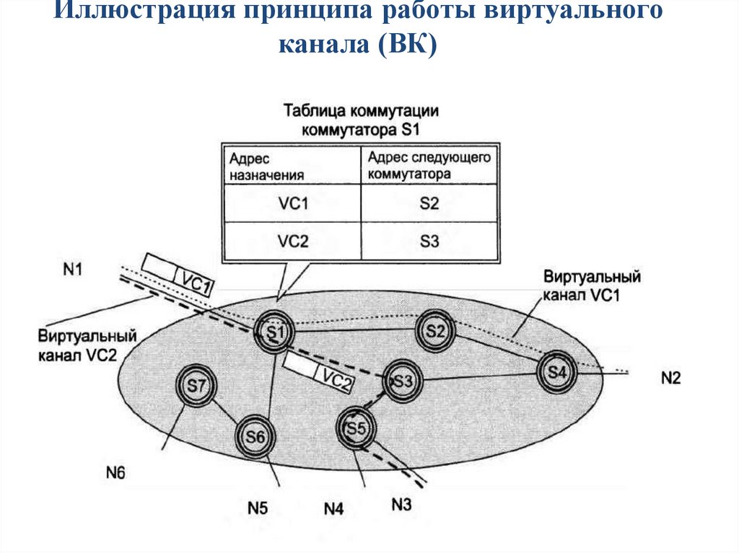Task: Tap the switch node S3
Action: click(x=402, y=380)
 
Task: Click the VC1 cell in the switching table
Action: click(x=293, y=204)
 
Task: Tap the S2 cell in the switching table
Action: click(x=429, y=204)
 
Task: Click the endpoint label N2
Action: click(x=670, y=377)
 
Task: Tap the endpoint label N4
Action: click(x=333, y=508)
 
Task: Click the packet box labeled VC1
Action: click(x=178, y=275)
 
